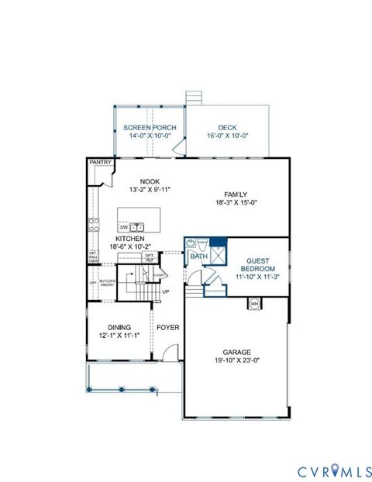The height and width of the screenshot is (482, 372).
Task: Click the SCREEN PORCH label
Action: point(150,128)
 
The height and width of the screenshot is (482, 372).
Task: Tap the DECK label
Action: point(226,128)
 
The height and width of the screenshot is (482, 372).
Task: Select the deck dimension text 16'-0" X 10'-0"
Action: point(226,136)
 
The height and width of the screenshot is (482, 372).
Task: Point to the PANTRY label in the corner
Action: point(100,163)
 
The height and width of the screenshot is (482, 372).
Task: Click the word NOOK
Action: point(139,181)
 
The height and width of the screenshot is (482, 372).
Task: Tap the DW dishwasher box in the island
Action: point(124,227)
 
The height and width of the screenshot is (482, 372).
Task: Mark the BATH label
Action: point(199,256)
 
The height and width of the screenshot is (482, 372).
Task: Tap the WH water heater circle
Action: point(253,304)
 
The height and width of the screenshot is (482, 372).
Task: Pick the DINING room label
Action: point(120,327)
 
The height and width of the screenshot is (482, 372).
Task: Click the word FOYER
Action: point(168,328)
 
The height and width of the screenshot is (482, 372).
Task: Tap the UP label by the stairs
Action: point(165,291)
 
